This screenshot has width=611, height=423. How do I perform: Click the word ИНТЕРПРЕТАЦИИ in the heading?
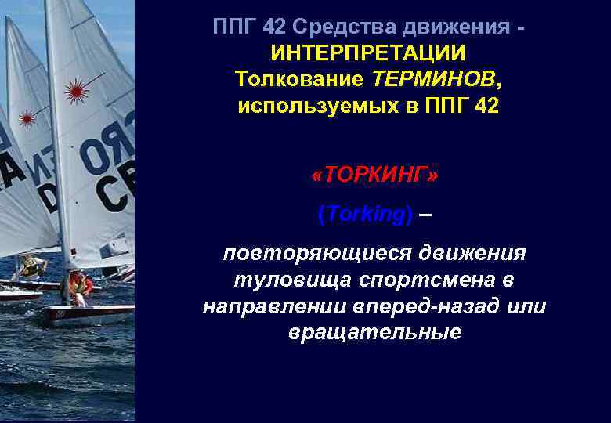click(367, 53)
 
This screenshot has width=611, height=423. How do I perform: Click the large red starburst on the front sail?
click(76, 91)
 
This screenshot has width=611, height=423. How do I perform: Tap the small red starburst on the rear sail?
click(27, 119)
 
